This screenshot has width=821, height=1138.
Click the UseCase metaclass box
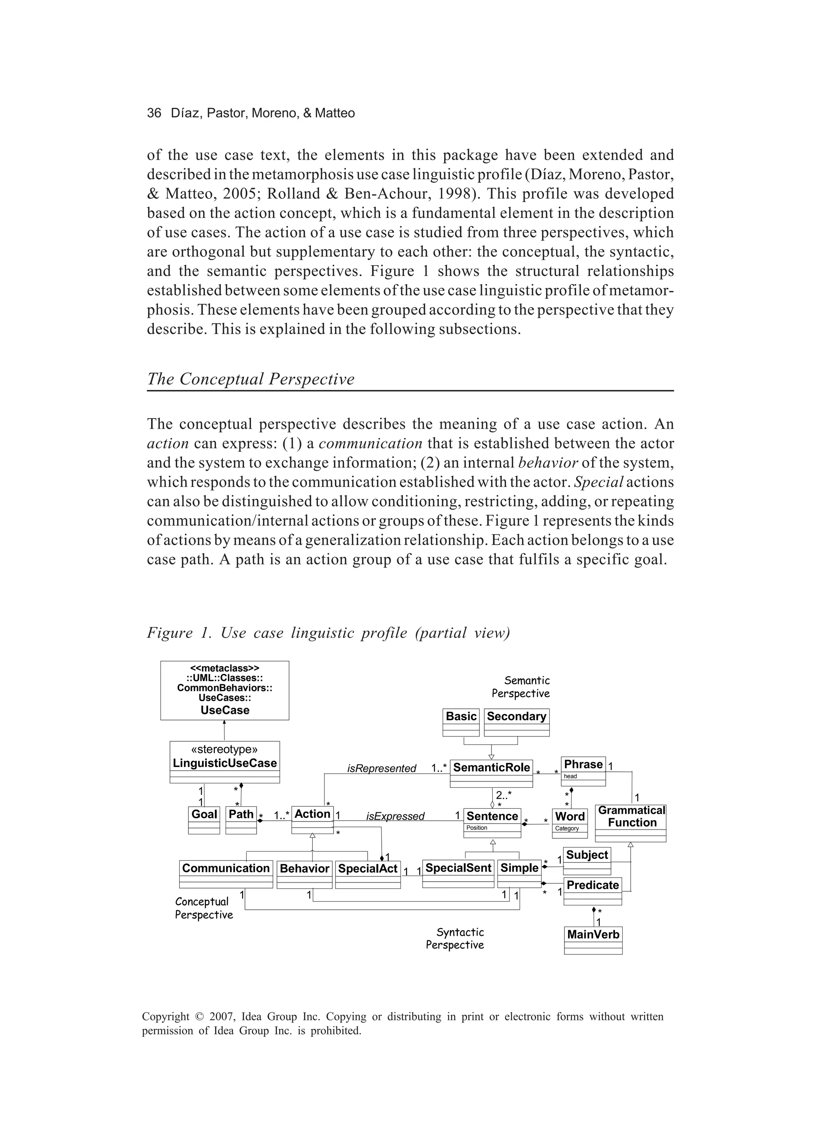224,690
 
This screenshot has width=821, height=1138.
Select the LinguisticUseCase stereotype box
224,762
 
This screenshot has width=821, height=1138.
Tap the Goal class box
204,820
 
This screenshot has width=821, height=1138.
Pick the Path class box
241,820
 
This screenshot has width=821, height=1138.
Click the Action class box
312,820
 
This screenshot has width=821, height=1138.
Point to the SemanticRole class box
491,773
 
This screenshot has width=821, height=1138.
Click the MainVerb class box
593,940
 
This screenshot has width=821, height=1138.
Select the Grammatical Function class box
631,822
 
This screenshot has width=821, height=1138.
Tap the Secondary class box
517,722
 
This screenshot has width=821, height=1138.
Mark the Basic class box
461,722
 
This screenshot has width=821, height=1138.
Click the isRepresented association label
382,768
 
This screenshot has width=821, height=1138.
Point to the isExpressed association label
395,816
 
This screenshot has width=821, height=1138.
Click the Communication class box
226,874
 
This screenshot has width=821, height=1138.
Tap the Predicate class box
592,890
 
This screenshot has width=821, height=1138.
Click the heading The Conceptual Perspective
250,379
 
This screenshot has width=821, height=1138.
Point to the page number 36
154,113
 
